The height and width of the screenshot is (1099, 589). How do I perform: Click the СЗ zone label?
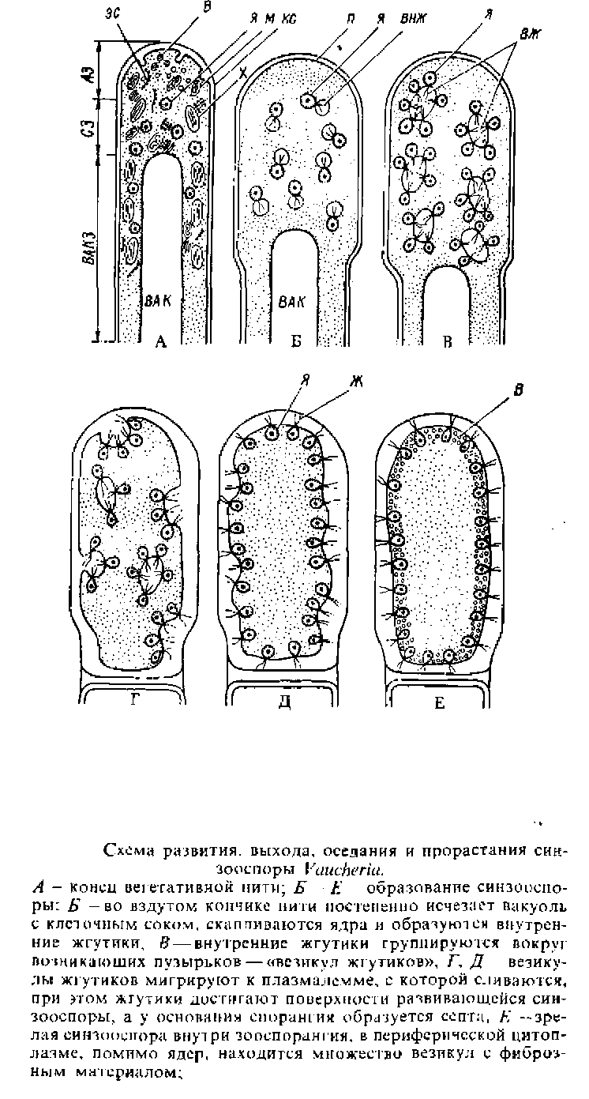[x=92, y=125]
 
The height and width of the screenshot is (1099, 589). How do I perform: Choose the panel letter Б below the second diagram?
[x=297, y=342]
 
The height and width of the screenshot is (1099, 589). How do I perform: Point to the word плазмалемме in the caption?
[x=302, y=961]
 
